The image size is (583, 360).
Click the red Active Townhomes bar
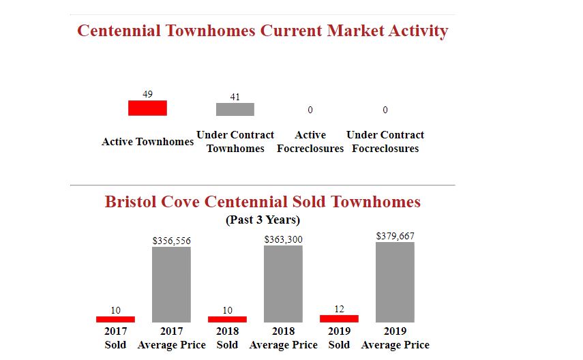tap(147, 108)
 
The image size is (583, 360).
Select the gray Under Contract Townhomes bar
tap(235, 109)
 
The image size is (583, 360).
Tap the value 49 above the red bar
tap(147, 93)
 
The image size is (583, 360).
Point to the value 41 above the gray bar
tap(235, 97)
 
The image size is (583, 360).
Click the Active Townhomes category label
tap(147, 142)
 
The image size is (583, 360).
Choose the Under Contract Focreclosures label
tap(385, 142)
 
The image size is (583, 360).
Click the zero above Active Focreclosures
tap(310, 110)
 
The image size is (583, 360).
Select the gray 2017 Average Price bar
tap(171, 284)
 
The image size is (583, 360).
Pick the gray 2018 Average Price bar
tap(283, 284)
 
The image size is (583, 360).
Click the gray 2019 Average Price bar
tap(395, 282)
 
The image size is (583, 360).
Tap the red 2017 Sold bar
tap(115, 319)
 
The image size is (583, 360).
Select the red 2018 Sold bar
tap(227, 319)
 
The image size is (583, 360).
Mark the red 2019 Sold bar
tap(339, 318)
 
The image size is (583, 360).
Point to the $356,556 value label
tap(171, 241)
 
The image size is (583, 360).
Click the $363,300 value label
tap(283, 239)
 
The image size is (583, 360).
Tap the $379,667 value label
tap(395, 236)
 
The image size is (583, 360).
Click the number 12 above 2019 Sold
tap(339, 309)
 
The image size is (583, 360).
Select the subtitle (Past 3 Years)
tap(263, 220)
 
